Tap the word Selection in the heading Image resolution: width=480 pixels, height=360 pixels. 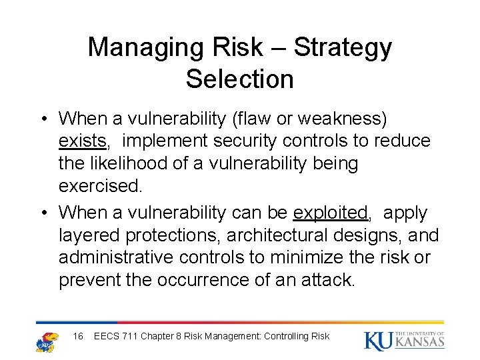tap(239, 79)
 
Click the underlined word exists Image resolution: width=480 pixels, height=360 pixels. tap(82, 141)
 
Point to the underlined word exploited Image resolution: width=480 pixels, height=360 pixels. tap(331, 213)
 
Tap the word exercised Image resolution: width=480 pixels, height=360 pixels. tap(100, 186)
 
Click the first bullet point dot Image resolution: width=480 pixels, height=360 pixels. tap(43, 119)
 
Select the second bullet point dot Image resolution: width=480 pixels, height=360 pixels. tap(43, 213)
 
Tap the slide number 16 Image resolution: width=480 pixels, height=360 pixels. tap(78, 336)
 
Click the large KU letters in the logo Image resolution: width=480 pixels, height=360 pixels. tap(379, 340)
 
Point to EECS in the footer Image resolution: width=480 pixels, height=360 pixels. tap(107, 336)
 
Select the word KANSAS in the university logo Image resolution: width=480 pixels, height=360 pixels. tap(419, 343)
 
